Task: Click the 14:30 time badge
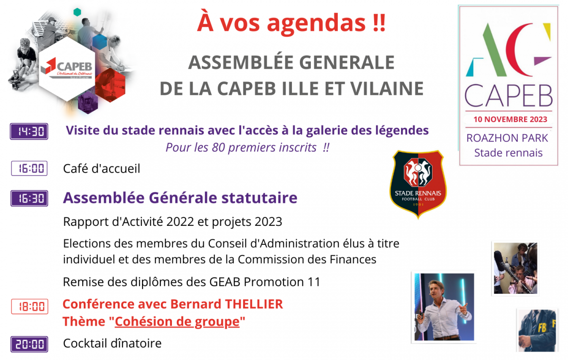coord(29,131)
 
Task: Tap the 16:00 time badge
coord(29,169)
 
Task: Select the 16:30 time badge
coord(29,198)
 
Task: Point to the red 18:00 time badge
coord(30,307)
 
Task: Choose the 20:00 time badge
coord(29,345)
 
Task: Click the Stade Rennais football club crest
coord(418,184)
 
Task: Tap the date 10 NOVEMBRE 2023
coord(510,119)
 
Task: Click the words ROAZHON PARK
coord(507,138)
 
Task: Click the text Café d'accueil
coord(102,169)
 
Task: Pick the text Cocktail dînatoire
coord(112,344)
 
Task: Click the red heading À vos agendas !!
coord(291,23)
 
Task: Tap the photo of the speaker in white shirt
coord(444,307)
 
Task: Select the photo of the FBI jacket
coord(537,330)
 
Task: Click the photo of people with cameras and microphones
coord(515,268)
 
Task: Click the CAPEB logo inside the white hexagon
coord(67,68)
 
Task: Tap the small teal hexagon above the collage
coord(77,12)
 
